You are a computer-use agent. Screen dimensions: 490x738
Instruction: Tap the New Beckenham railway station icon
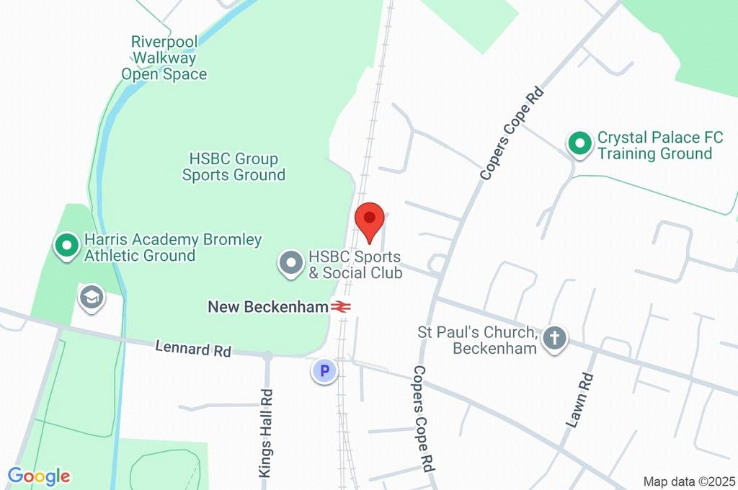342,307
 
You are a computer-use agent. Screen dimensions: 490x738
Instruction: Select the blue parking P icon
324,371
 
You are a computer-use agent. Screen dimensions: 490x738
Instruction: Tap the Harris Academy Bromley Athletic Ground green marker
68,246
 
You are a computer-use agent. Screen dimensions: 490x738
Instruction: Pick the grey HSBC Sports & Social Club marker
292,264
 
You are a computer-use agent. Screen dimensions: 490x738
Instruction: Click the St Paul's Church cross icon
555,338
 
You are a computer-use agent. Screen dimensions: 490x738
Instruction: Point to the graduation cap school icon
92,298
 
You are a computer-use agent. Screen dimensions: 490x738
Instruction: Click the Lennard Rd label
193,349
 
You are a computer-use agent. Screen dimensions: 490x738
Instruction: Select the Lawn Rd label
579,401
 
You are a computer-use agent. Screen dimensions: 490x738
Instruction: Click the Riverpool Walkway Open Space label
164,58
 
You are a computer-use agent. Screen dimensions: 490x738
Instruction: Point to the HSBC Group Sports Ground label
234,166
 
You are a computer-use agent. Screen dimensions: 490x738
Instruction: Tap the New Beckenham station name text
268,307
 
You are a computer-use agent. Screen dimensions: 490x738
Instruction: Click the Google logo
39,476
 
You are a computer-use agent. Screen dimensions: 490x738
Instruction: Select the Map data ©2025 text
688,481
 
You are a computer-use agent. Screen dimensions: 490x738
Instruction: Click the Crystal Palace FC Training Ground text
654,146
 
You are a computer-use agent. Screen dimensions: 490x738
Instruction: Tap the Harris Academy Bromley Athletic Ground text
173,247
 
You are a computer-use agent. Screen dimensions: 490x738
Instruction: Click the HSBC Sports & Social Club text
355,264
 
